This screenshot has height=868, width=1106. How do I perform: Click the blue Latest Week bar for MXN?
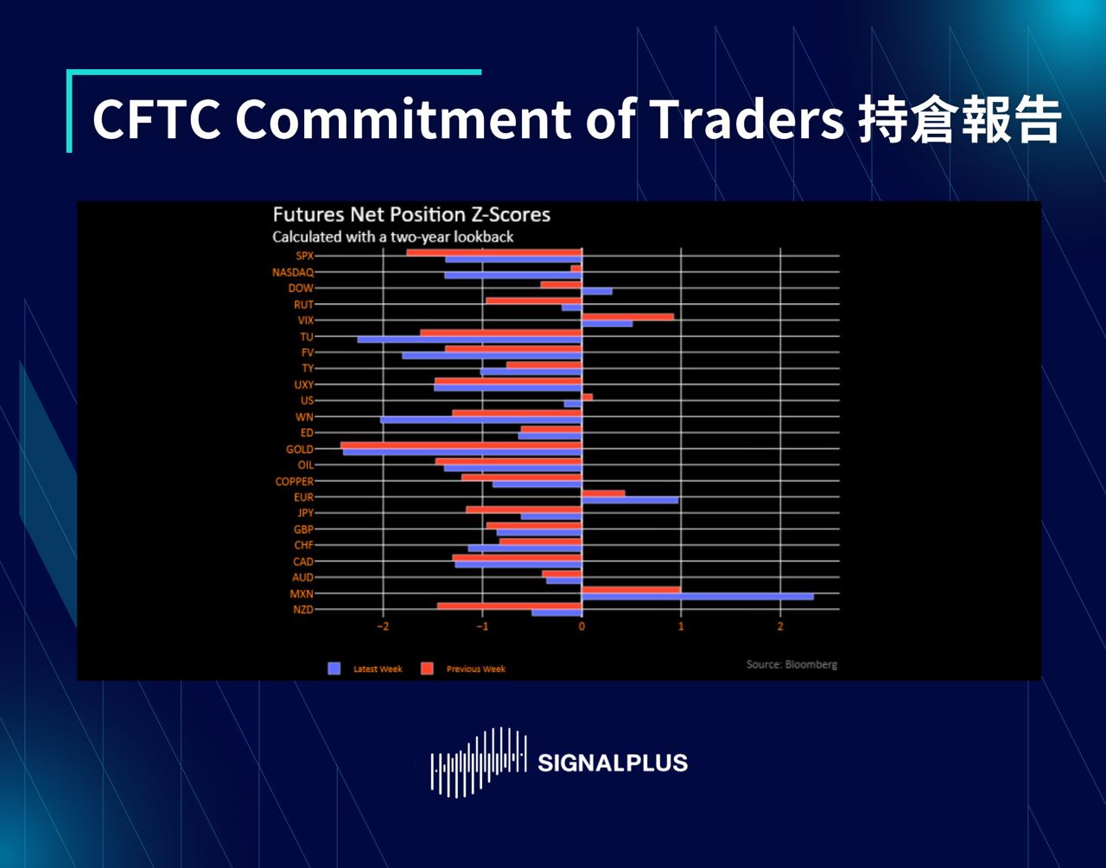point(697,597)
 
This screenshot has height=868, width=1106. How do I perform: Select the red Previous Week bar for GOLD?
point(461,446)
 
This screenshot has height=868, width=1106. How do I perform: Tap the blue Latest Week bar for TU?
point(469,339)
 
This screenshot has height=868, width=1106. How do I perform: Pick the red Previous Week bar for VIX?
point(627,317)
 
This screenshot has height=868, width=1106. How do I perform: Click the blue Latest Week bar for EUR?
point(629,500)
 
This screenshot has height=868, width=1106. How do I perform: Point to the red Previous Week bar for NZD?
point(509,606)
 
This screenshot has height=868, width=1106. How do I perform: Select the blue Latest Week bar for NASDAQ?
point(513,276)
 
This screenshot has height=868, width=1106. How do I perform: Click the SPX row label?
point(304,256)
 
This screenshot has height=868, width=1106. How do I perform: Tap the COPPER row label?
point(295,481)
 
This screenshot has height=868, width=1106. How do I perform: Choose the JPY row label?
point(305,513)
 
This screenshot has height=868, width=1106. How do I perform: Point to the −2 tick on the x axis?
point(383,626)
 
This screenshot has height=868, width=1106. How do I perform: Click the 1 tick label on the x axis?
point(681,626)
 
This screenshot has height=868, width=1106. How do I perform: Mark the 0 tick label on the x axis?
point(582,626)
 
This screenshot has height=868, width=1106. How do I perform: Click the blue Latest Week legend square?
point(334,668)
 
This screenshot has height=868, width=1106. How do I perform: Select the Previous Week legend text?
point(475,669)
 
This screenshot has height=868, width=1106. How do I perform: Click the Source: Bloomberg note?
point(791,664)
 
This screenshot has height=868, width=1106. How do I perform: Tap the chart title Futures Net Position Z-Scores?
point(411,215)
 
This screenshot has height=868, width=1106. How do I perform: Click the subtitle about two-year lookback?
point(393,237)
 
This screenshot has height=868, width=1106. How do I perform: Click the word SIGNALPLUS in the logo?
point(613,763)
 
